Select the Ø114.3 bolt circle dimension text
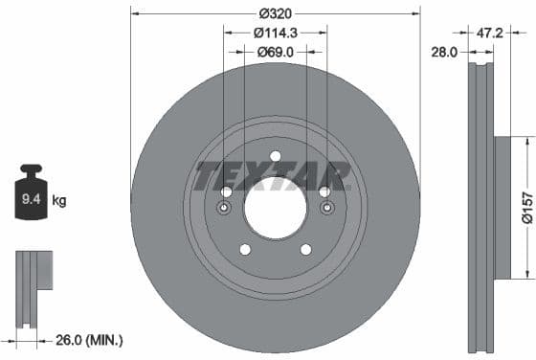(276, 33)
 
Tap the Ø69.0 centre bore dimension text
(276, 52)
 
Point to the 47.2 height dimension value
(490, 33)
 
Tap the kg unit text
(59, 200)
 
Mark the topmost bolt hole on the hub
(276, 156)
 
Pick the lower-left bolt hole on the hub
(244, 250)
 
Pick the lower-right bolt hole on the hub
(306, 250)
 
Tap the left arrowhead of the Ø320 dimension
(135, 13)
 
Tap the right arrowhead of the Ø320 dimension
(416, 13)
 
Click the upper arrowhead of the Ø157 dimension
(525, 141)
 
